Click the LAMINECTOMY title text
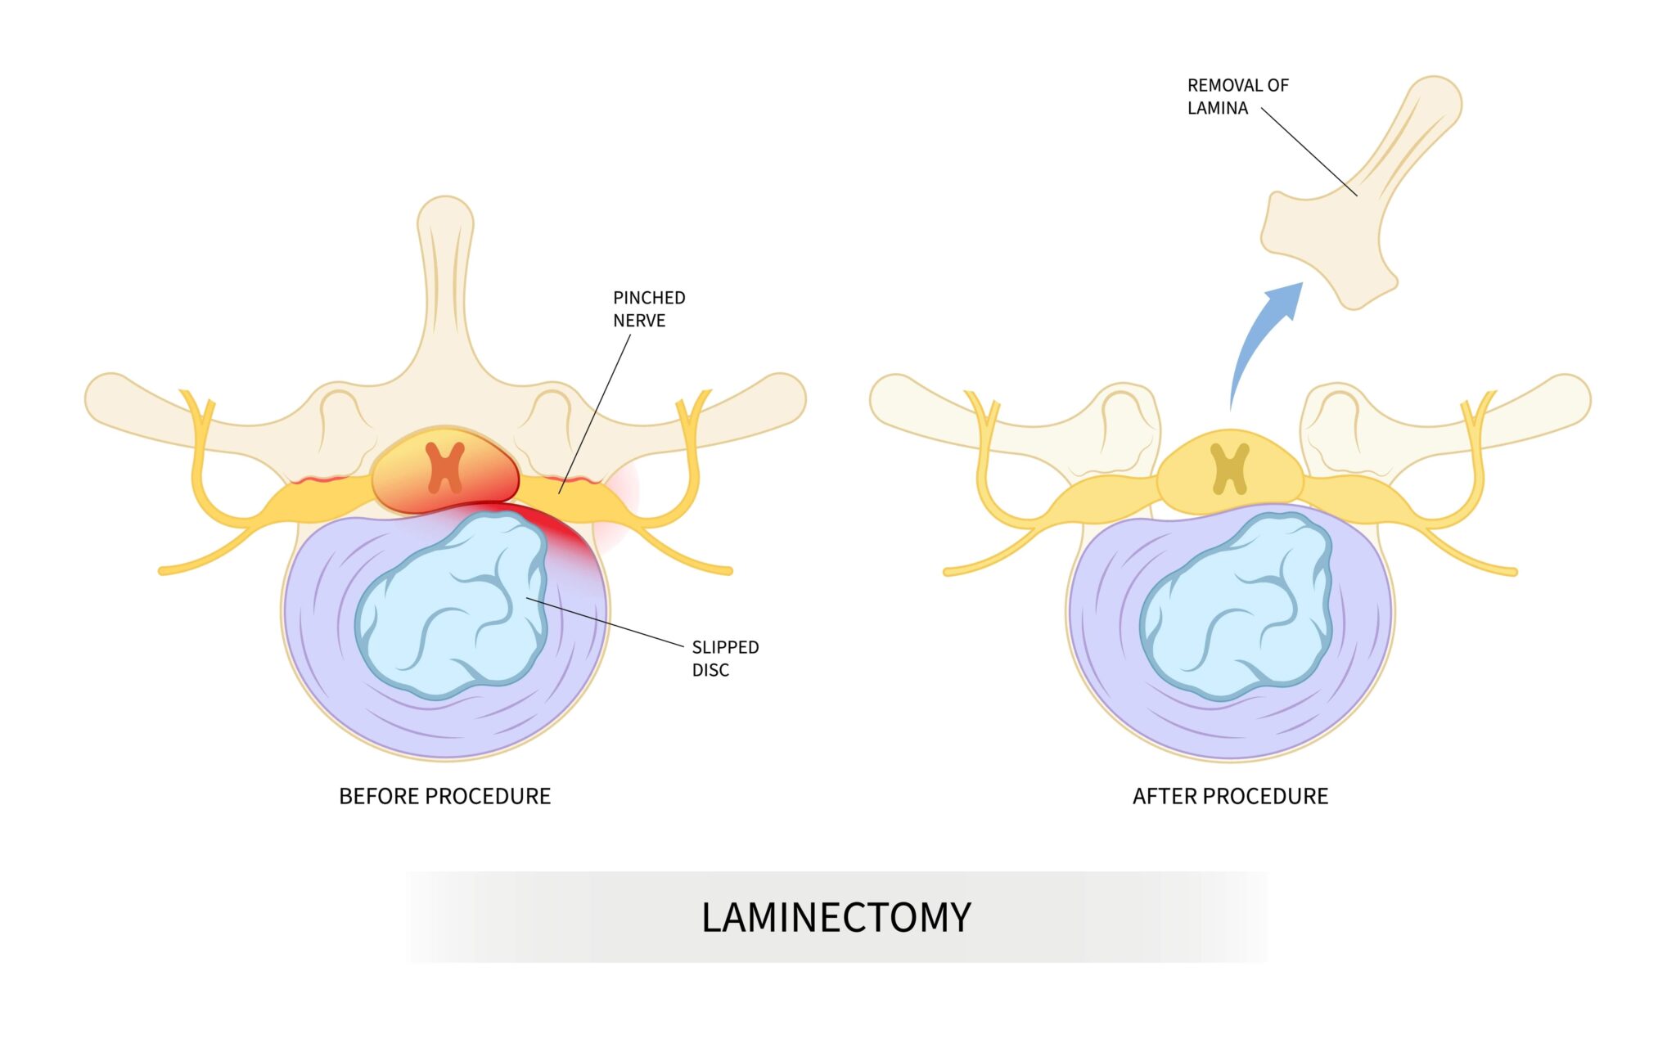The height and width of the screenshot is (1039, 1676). pyautogui.click(x=836, y=917)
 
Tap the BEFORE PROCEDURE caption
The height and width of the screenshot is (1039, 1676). pyautogui.click(x=444, y=796)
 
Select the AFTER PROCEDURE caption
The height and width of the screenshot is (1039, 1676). pyautogui.click(x=1230, y=796)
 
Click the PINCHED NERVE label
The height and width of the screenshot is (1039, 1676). pyautogui.click(x=649, y=309)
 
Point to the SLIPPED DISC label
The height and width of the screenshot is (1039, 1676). pyautogui.click(x=725, y=659)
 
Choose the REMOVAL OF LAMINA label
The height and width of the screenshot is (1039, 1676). pyautogui.click(x=1237, y=97)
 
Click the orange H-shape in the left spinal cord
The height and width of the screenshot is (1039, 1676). pyautogui.click(x=445, y=467)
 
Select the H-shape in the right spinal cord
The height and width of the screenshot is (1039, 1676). pyautogui.click(x=1230, y=469)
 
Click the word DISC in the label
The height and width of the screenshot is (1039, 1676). pyautogui.click(x=710, y=670)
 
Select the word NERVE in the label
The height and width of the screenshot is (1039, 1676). pyautogui.click(x=639, y=321)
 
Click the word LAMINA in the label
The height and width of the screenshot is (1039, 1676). pyautogui.click(x=1217, y=108)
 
